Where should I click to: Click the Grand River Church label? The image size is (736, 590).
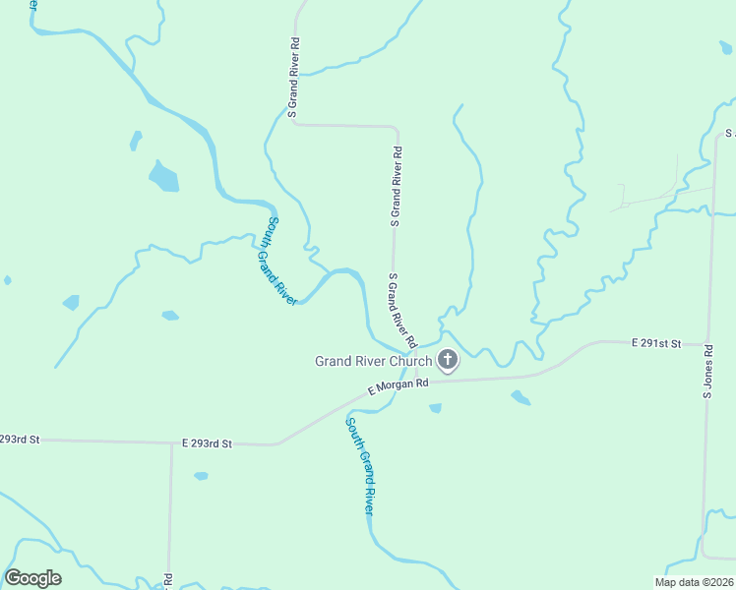[373, 361]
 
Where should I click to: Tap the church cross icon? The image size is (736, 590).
[448, 361]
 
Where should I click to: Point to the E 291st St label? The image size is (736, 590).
[656, 343]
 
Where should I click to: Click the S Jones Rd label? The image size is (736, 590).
[706, 371]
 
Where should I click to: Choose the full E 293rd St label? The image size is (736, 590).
[206, 444]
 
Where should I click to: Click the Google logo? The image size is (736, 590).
[32, 578]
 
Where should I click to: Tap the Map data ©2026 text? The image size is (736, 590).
[695, 582]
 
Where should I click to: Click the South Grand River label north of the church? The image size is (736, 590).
[276, 261]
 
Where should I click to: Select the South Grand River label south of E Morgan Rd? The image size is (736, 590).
[359, 465]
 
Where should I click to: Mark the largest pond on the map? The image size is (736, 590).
[163, 177]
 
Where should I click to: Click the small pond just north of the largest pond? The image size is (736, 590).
[136, 141]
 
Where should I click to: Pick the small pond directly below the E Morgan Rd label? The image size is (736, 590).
[435, 408]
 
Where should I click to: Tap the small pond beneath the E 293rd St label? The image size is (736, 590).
[201, 476]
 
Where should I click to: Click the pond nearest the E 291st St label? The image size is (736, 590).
[521, 397]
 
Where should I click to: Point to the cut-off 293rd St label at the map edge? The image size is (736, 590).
[19, 439]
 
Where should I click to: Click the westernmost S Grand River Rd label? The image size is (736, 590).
[292, 79]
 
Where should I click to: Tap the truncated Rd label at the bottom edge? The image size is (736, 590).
[168, 581]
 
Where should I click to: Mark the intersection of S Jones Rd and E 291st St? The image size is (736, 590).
[707, 345]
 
